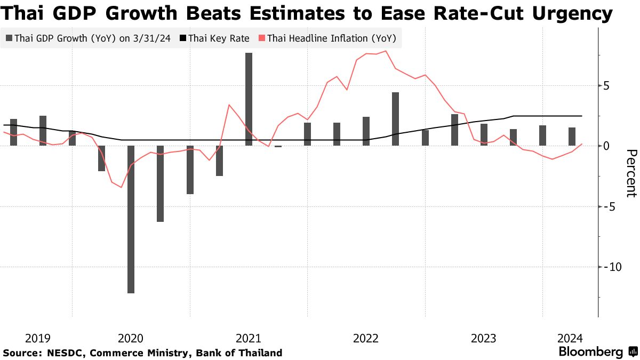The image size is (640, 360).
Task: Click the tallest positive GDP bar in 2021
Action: point(249,99)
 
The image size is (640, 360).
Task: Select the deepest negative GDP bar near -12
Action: point(131,219)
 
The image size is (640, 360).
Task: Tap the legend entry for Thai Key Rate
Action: point(214,38)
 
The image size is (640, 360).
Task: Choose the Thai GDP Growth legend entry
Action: point(88,38)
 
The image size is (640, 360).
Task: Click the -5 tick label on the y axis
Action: point(610,206)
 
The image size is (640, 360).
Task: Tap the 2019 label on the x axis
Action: point(38,338)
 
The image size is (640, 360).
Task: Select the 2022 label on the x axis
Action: point(366,338)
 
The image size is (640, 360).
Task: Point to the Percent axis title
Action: point(631,173)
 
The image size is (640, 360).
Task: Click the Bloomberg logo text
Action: point(591,352)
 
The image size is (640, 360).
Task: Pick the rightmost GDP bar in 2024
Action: point(572,137)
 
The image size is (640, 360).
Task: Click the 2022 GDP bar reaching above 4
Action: point(395,118)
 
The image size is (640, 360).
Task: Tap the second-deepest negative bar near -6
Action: point(160,183)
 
